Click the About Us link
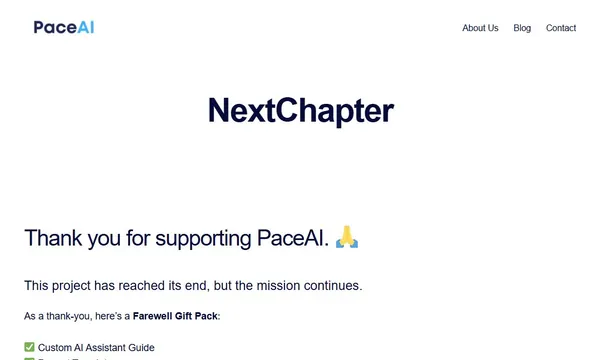pos(480,28)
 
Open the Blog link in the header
pos(522,28)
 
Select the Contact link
pos(561,28)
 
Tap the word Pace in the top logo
pos(52,27)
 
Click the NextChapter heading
pos(300,111)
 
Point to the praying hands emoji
pos(346,238)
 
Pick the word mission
pos(276,286)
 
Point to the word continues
pos(333,286)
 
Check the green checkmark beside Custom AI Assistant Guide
pos(29,347)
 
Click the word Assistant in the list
pos(109,347)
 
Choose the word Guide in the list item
pos(142,347)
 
